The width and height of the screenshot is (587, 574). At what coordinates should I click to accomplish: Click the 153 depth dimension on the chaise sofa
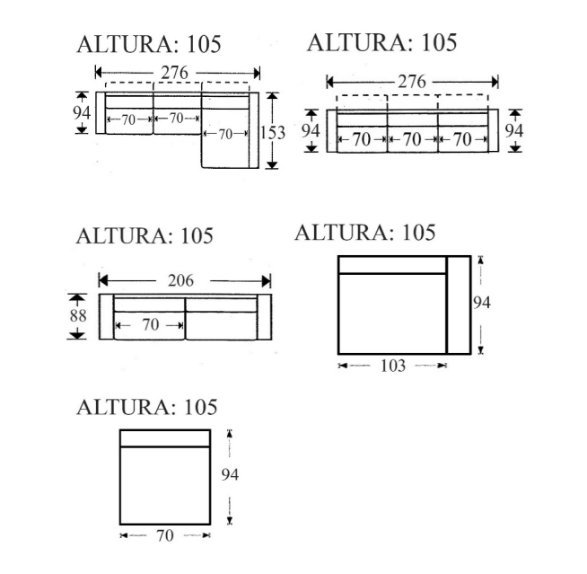point(273,133)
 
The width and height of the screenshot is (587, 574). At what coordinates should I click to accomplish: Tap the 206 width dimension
point(180,280)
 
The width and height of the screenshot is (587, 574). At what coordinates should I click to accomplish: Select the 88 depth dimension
point(78,315)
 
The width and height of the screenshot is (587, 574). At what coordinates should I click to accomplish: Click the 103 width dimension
point(393,366)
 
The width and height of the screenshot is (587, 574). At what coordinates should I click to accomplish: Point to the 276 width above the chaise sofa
point(174,73)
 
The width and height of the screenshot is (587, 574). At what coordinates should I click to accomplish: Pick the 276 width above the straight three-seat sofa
point(412,82)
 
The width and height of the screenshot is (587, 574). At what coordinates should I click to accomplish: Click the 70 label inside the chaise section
point(225,134)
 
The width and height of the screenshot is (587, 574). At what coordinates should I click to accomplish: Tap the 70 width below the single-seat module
point(165,535)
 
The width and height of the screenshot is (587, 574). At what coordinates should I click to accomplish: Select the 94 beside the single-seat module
point(230,474)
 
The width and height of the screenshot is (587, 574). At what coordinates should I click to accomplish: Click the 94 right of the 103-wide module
point(481,303)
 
